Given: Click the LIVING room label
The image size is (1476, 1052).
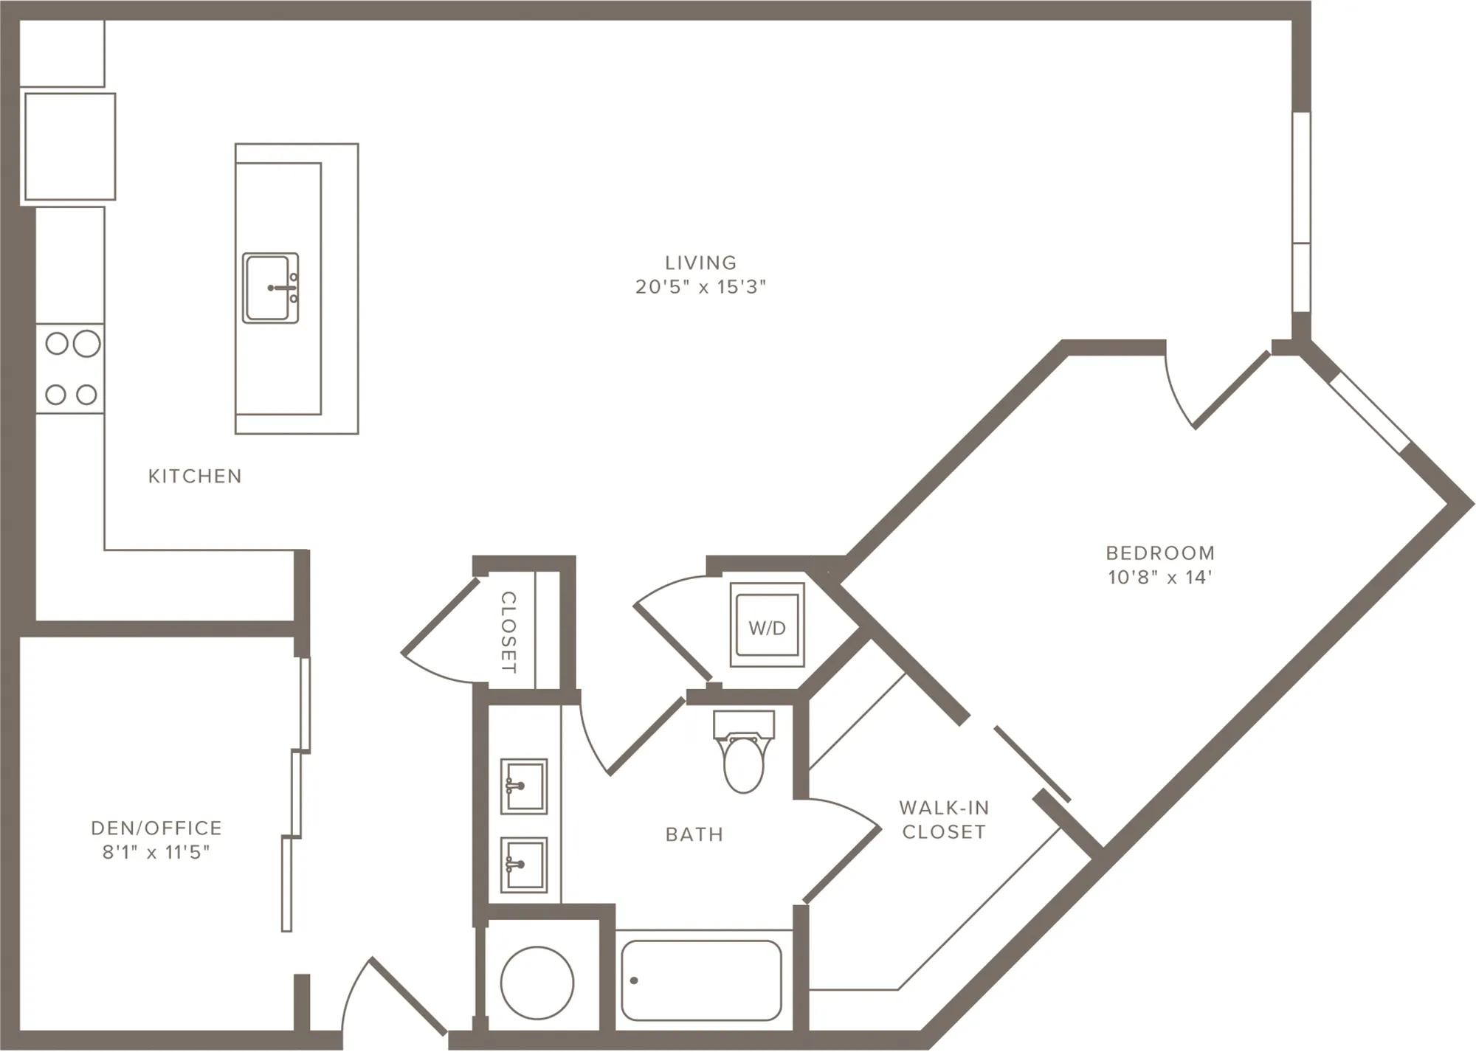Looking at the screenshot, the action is [700, 263].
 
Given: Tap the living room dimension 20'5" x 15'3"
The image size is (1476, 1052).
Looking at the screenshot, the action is [700, 287].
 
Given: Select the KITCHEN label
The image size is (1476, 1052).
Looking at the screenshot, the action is [195, 477].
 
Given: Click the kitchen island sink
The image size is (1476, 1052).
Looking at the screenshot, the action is [271, 288].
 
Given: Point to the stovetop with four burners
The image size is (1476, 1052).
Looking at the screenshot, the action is [70, 368].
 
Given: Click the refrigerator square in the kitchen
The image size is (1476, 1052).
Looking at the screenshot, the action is [70, 146].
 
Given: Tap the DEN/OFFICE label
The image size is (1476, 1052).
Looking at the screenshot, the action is [156, 828].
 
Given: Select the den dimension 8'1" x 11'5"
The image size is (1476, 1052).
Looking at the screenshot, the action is [156, 853].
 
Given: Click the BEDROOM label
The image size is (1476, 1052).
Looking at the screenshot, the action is [1160, 553].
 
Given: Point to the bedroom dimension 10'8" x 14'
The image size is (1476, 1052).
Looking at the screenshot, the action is [1160, 577].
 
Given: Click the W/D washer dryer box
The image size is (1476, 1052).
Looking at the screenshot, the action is [767, 625].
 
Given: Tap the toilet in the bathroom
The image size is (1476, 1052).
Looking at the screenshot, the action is [744, 751].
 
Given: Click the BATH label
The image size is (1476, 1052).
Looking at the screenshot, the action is [694, 834].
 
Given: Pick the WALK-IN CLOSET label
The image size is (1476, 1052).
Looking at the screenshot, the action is [944, 820].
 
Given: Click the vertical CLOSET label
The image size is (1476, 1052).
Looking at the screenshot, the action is [508, 632].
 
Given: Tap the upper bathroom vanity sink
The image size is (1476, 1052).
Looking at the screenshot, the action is [524, 786].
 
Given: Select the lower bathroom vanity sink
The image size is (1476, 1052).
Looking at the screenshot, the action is [524, 865].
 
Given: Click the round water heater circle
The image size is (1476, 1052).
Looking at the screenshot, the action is [537, 983].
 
